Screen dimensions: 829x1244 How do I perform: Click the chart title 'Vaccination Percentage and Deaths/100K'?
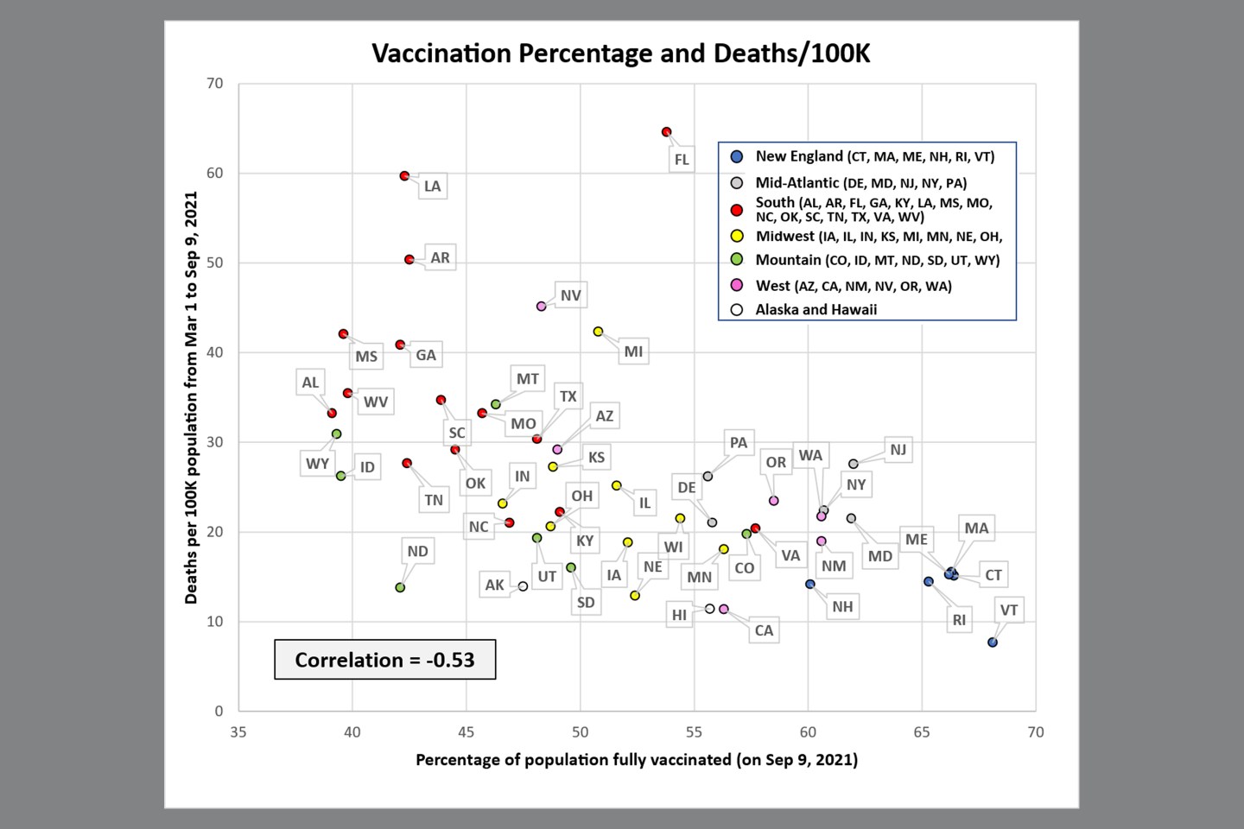(x=620, y=54)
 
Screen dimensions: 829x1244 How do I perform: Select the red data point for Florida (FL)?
(x=666, y=132)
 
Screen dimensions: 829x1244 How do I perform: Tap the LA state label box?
(x=432, y=186)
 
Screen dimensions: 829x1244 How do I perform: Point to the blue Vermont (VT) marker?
(x=993, y=642)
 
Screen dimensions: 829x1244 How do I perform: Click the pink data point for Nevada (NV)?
(x=542, y=306)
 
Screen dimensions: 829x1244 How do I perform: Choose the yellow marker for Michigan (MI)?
(x=598, y=332)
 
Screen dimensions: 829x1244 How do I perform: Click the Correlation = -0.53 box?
(x=384, y=660)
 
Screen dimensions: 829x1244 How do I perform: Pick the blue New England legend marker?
(x=737, y=157)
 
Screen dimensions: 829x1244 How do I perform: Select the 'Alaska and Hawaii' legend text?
(x=816, y=309)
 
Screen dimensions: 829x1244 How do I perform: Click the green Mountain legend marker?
(x=737, y=260)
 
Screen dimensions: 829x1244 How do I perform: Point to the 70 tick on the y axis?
(x=214, y=84)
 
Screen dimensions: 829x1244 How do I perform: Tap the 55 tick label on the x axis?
(x=694, y=732)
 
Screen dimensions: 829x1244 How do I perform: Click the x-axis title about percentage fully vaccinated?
(x=637, y=760)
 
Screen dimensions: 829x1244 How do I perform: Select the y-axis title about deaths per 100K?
(x=191, y=397)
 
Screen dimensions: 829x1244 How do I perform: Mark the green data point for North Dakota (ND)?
(x=400, y=587)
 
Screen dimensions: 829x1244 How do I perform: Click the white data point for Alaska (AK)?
(x=523, y=586)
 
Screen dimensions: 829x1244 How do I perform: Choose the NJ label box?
(x=898, y=449)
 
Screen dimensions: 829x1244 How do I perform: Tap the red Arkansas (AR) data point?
(x=409, y=259)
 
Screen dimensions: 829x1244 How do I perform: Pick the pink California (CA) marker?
(x=724, y=610)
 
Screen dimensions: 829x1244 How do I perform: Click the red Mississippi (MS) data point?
(x=343, y=334)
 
